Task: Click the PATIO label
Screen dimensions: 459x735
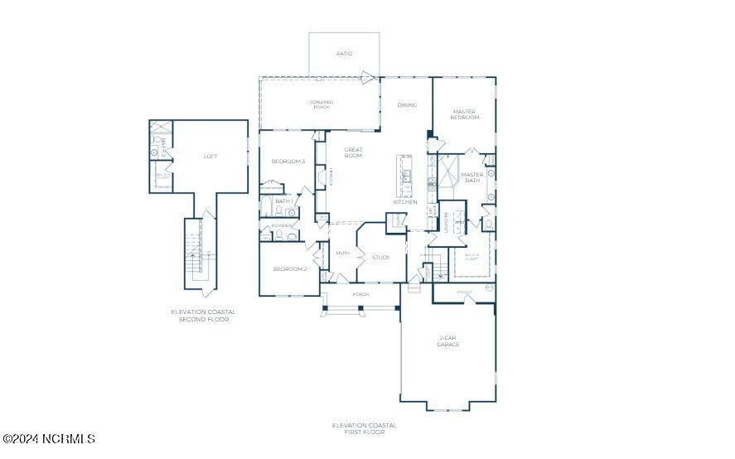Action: click(x=344, y=54)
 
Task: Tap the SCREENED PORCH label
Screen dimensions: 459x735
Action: click(x=322, y=104)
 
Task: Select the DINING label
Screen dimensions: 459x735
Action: click(x=407, y=105)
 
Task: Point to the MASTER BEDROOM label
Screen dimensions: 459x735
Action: click(x=465, y=114)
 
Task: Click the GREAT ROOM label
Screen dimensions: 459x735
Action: click(x=354, y=152)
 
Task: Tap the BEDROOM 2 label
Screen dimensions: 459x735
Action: click(x=291, y=269)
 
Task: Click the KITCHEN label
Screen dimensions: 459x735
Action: click(x=404, y=202)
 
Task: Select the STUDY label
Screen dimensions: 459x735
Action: click(x=380, y=258)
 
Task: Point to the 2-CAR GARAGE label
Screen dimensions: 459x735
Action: click(x=448, y=341)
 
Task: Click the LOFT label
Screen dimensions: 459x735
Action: click(x=211, y=156)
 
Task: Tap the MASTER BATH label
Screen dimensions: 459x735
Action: click(x=472, y=177)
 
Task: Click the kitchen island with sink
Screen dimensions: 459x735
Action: click(x=406, y=176)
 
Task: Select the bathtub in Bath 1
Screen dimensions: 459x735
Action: click(x=266, y=206)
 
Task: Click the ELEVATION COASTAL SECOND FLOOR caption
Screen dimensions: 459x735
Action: click(x=203, y=316)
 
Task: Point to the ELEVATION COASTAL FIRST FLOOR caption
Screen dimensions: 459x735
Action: click(x=365, y=428)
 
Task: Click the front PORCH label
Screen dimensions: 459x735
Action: click(x=360, y=294)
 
